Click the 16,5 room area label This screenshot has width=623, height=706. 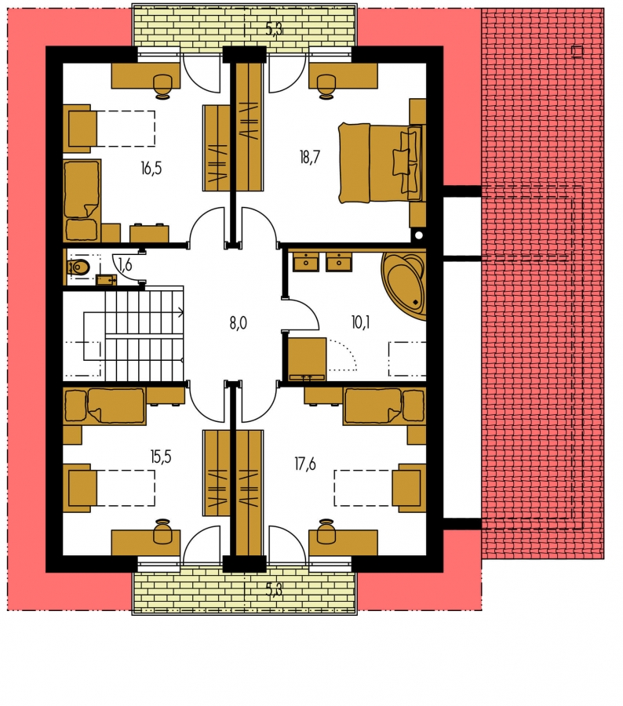tap(151, 169)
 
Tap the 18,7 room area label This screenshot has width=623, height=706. tap(309, 157)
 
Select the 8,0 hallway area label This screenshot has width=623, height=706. tap(238, 323)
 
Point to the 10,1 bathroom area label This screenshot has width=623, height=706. tap(360, 322)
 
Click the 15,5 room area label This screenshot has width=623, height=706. tap(161, 457)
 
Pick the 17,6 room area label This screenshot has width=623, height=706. tap(305, 464)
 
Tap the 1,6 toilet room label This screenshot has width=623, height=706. tap(125, 265)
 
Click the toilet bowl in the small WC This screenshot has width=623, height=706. tap(78, 268)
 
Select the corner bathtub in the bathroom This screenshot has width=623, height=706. tap(403, 286)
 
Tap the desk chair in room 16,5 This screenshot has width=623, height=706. tap(162, 86)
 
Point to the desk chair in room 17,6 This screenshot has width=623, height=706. tap(326, 531)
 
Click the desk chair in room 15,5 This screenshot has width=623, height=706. tap(162, 531)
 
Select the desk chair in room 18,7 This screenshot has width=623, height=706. tap(326, 86)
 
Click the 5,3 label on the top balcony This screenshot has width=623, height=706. tap(274, 30)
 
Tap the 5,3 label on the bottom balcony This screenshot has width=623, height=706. tap(274, 589)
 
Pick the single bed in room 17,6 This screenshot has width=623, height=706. tap(384, 406)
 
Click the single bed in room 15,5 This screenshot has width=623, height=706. tap(104, 406)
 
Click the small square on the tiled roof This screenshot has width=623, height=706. tap(577, 52)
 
